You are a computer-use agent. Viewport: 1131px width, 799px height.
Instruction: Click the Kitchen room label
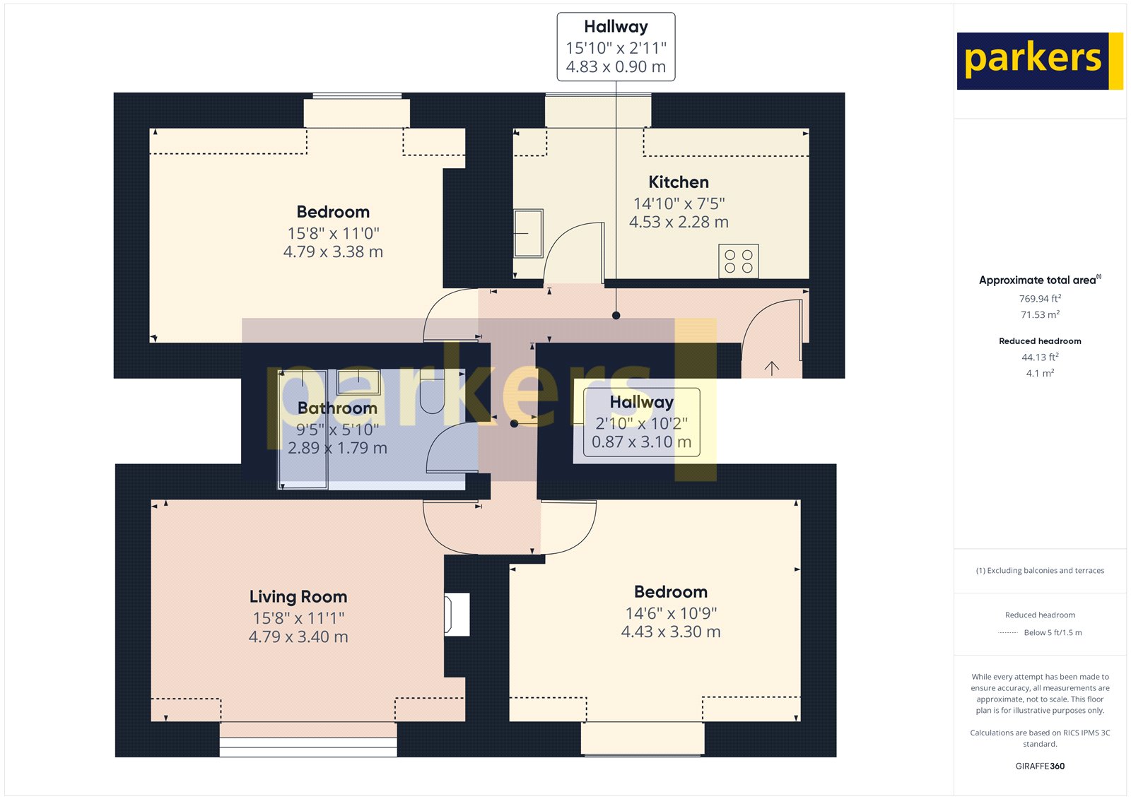tap(678, 182)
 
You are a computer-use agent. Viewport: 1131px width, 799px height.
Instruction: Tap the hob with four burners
tap(739, 261)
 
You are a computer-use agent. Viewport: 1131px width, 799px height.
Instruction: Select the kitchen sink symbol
tap(528, 233)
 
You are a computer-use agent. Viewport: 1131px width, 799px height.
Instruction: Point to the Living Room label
tap(298, 597)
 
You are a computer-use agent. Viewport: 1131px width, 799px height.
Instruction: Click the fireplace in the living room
tap(457, 615)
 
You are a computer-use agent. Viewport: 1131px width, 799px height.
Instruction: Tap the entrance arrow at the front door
tap(772, 367)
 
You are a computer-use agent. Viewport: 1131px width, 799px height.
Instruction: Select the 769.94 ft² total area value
tap(1040, 299)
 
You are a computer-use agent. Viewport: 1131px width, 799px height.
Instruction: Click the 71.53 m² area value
tap(1040, 315)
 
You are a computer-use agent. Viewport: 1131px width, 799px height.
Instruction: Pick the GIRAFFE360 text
tap(1040, 766)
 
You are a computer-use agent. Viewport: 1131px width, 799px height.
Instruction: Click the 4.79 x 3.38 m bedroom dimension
tap(333, 252)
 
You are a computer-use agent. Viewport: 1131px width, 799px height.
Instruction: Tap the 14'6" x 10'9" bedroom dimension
tap(671, 613)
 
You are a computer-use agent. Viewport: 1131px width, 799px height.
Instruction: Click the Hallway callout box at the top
tap(616, 47)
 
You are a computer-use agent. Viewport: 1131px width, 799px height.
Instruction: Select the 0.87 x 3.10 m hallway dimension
tap(641, 442)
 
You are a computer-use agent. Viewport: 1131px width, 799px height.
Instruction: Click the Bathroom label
tap(337, 408)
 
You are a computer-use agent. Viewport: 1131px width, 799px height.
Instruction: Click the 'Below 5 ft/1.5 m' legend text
tap(1053, 633)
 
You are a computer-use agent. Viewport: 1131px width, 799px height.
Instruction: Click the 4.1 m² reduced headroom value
tap(1040, 374)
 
